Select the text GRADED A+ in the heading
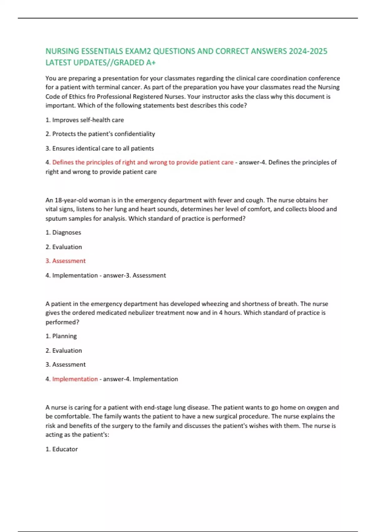pos(135,63)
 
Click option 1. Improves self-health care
pos(85,120)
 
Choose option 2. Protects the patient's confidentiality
pos(100,134)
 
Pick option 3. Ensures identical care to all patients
pos(100,148)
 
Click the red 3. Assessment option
pos(65,261)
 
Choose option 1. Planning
pos(61,336)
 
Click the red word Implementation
pos(75,379)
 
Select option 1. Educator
pos(62,449)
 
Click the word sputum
pos(55,218)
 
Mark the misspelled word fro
pos(91,96)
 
